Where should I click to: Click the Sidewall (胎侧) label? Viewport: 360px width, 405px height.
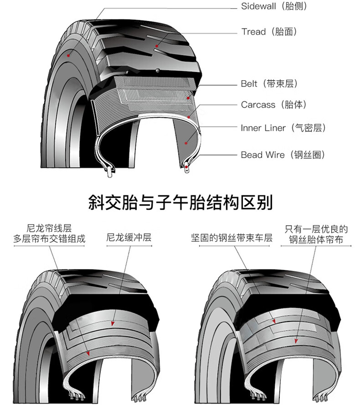[274, 6]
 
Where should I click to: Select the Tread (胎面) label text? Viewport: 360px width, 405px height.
[269, 32]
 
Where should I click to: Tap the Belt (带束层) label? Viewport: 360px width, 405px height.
[269, 84]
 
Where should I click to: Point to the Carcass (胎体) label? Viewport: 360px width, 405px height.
[274, 105]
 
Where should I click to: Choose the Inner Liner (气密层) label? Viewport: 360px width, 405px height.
[283, 128]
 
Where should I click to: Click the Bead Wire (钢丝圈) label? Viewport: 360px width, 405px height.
[283, 155]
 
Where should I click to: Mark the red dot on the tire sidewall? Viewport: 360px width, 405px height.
[68, 56]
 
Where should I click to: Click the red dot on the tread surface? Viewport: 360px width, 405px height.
[156, 46]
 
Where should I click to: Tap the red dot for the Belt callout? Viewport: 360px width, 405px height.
[188, 98]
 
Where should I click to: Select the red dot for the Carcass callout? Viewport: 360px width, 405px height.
[189, 117]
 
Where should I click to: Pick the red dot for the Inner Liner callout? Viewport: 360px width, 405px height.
[186, 143]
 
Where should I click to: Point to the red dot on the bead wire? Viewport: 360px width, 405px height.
[187, 167]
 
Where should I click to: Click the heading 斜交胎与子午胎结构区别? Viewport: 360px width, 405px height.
[180, 202]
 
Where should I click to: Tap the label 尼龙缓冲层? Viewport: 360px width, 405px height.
[129, 237]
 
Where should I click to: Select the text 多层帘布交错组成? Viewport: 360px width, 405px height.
[49, 239]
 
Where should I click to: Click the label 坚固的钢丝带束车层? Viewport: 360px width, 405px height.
[232, 238]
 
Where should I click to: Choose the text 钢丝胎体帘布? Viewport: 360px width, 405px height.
[316, 239]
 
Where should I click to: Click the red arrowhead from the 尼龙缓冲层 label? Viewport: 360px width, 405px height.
[113, 323]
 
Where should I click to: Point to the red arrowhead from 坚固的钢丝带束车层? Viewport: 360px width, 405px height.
[274, 321]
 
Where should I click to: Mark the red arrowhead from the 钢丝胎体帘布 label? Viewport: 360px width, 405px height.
[296, 341]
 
